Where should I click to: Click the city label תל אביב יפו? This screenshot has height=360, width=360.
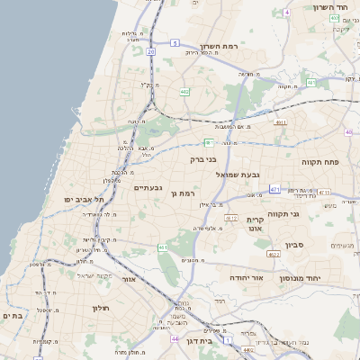[84, 198]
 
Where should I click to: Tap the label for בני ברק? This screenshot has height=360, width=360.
[204, 159]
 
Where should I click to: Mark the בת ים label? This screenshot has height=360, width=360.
[13, 316]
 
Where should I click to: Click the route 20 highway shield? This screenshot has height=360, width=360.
[151, 52]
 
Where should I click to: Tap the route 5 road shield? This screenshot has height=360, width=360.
[174, 42]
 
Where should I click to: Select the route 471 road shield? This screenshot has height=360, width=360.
[274, 190]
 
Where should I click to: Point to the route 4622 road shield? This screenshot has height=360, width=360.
[274, 256]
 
